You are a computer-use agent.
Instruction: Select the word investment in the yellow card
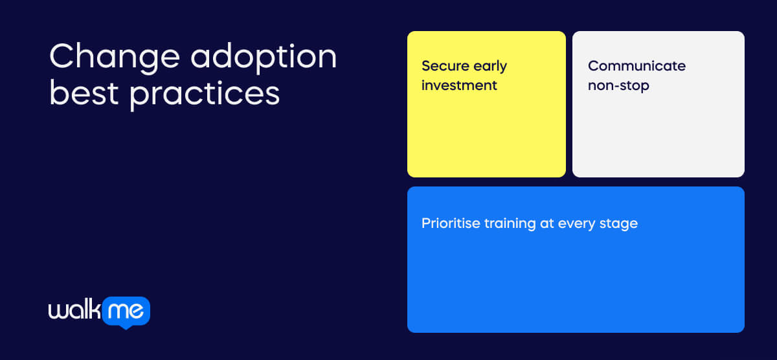pos(459,85)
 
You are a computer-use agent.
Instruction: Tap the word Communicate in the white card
pos(636,66)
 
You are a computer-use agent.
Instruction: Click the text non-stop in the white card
pos(618,85)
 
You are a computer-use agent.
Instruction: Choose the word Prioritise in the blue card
pos(451,223)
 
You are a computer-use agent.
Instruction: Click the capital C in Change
pos(61,58)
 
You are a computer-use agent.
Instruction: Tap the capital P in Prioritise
pos(426,223)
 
